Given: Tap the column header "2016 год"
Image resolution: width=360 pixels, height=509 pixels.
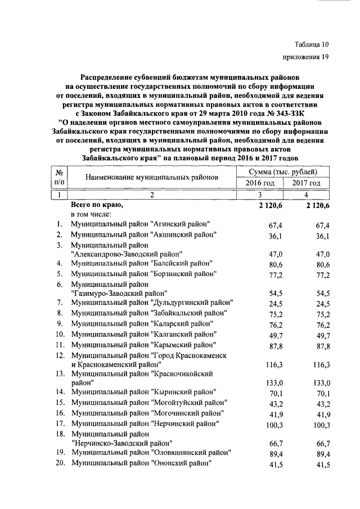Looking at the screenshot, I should tap(260, 183).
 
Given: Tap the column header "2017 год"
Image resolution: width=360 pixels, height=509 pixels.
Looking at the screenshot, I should tap(307, 183).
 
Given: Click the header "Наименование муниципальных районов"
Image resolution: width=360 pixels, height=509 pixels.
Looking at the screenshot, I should tap(151, 178).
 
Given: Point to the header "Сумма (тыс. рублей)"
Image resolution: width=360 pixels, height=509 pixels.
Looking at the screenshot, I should tap(283, 172).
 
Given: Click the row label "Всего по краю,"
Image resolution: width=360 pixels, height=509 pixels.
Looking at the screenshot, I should tap(96, 206).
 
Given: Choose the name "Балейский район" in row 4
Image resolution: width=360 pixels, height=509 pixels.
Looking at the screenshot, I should tap(182, 263).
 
